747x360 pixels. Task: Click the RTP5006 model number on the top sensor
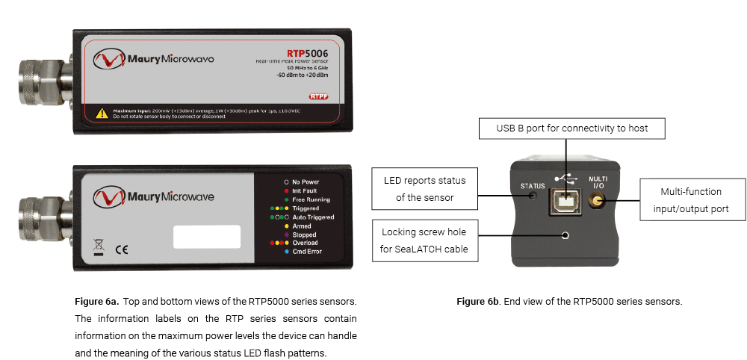point(307,53)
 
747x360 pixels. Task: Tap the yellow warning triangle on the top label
point(102,114)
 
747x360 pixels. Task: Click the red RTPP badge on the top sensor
point(318,96)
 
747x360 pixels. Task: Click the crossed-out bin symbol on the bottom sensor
point(98,246)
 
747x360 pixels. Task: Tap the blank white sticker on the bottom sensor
point(207,237)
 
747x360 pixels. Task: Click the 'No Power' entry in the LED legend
point(306,181)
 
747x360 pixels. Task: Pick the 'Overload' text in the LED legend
point(305,243)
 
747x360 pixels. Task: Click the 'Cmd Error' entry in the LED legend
point(306,252)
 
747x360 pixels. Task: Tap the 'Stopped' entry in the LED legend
point(304,235)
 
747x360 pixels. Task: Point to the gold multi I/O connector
point(596,200)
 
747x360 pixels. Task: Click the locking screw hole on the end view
point(565,235)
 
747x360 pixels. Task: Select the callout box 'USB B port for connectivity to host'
point(571,128)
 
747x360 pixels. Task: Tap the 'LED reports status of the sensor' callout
point(424,189)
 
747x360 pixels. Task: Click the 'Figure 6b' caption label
point(477,302)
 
